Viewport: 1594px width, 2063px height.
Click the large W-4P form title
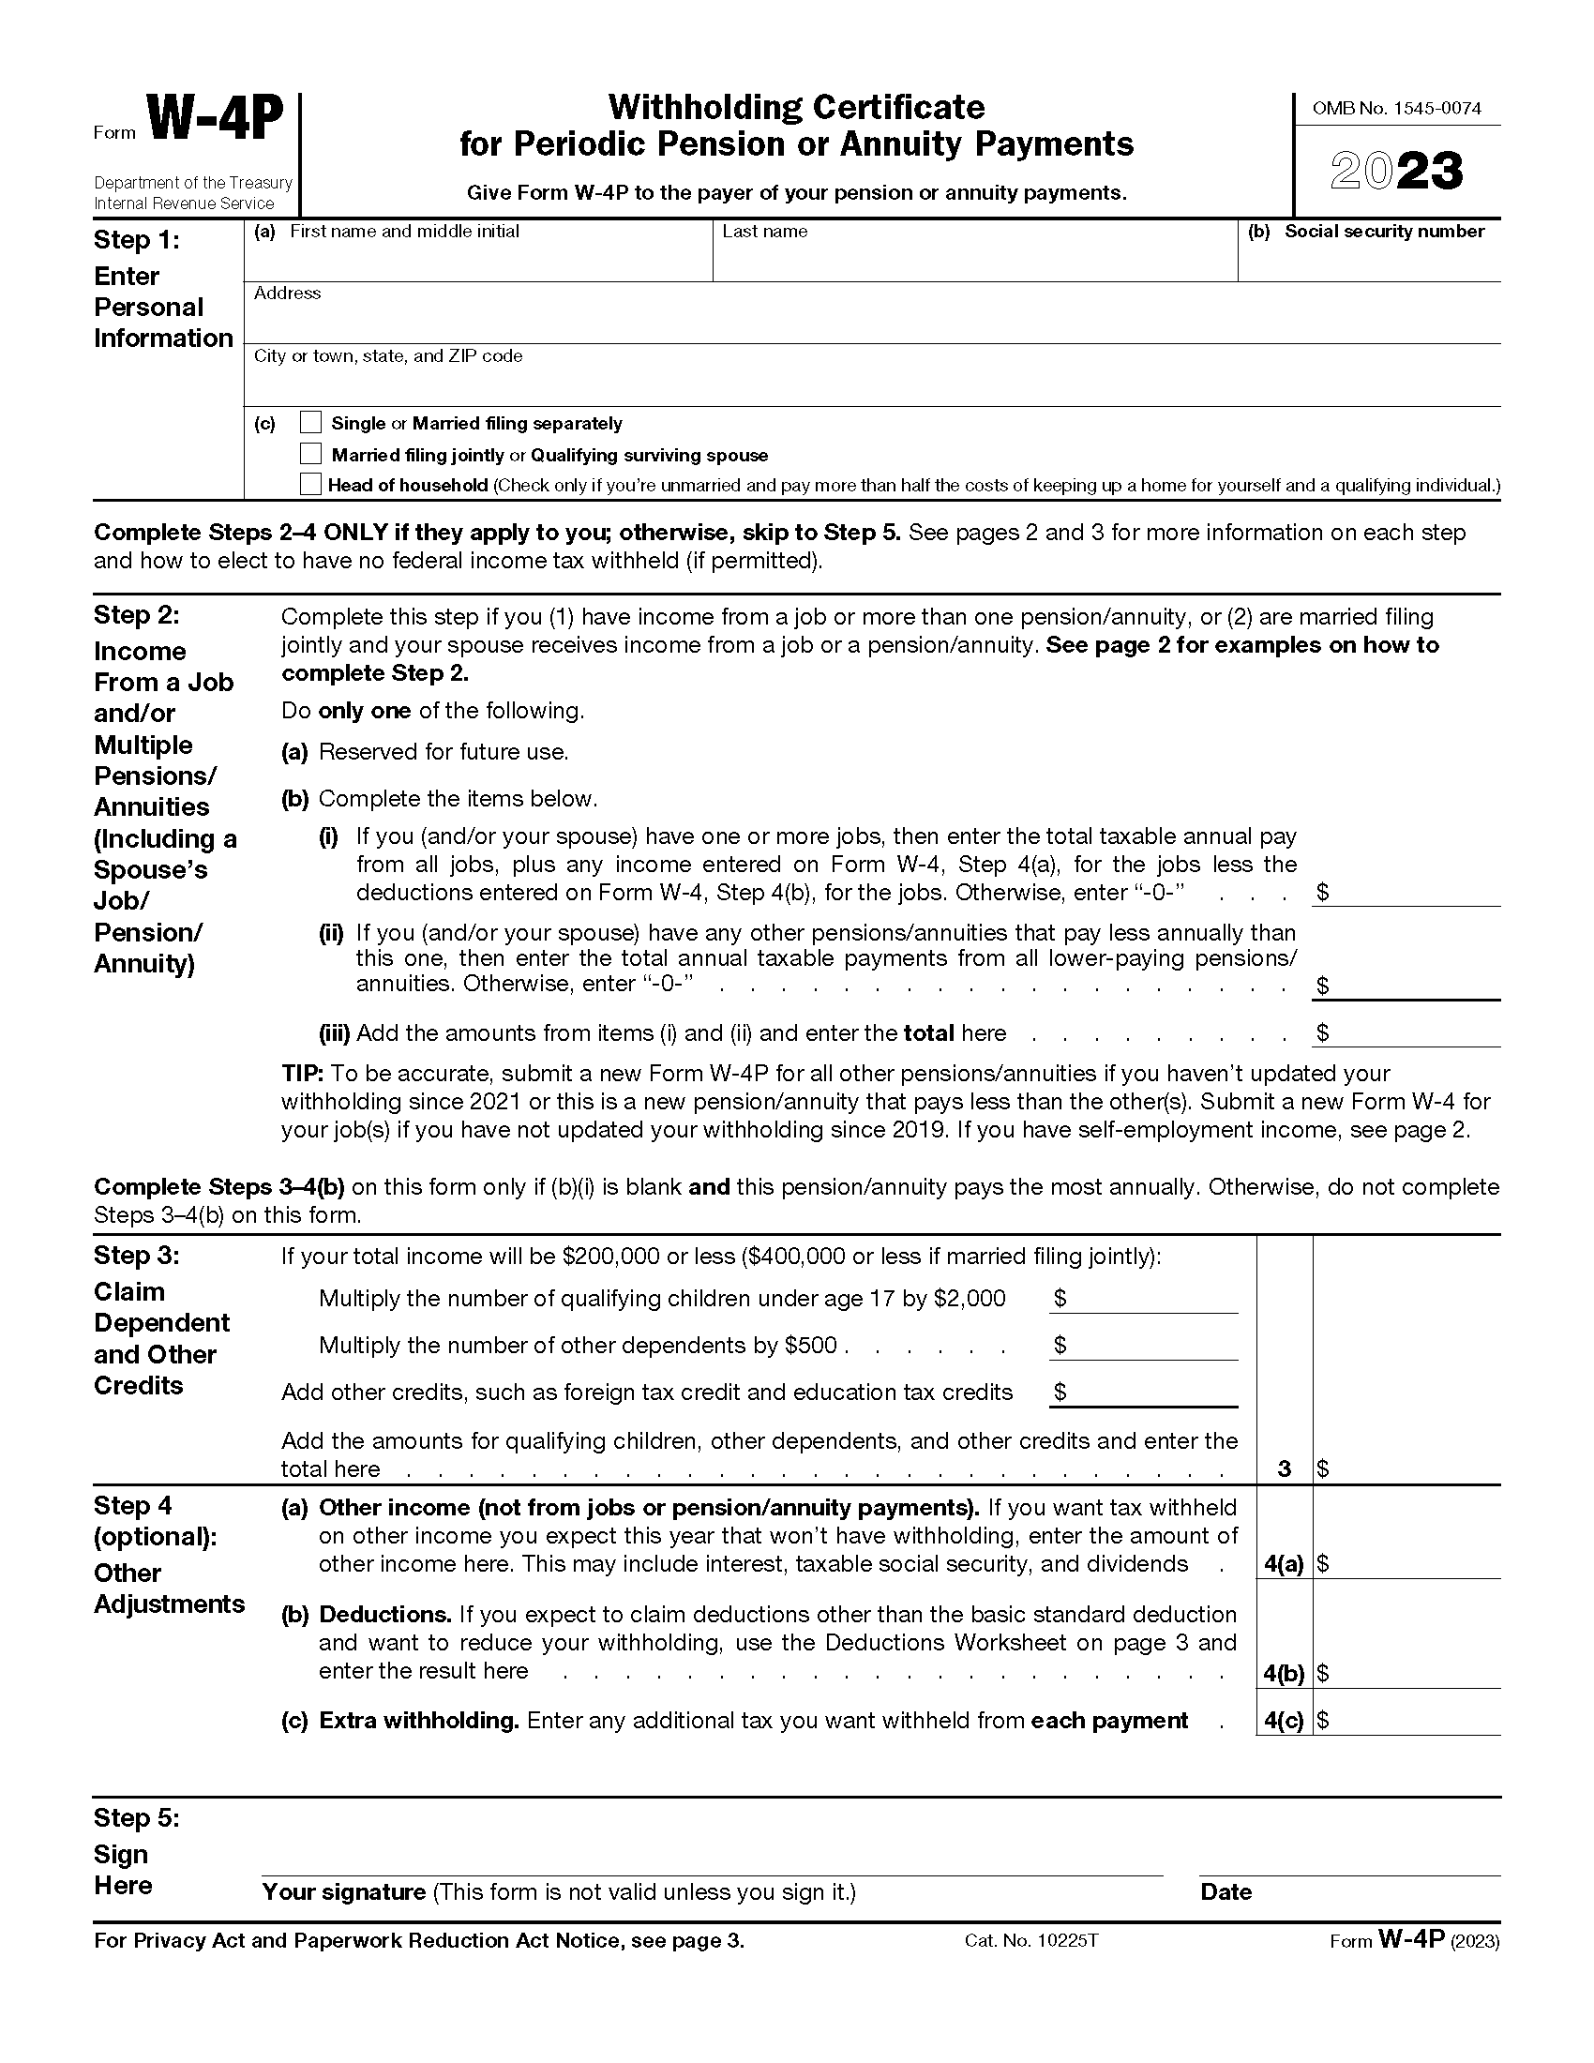point(216,123)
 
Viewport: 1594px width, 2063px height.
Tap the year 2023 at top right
point(1397,172)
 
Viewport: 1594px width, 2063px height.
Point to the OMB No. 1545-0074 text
point(1397,109)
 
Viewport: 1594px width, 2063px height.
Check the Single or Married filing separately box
point(310,422)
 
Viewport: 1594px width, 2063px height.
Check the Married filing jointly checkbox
point(310,454)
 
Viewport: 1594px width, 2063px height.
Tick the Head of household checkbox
point(310,485)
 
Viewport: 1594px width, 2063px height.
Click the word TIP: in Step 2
point(303,1074)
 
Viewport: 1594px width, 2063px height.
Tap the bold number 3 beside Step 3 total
point(1284,1468)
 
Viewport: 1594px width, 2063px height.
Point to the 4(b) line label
point(1284,1674)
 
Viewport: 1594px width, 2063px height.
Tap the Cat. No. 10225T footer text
point(1031,1941)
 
